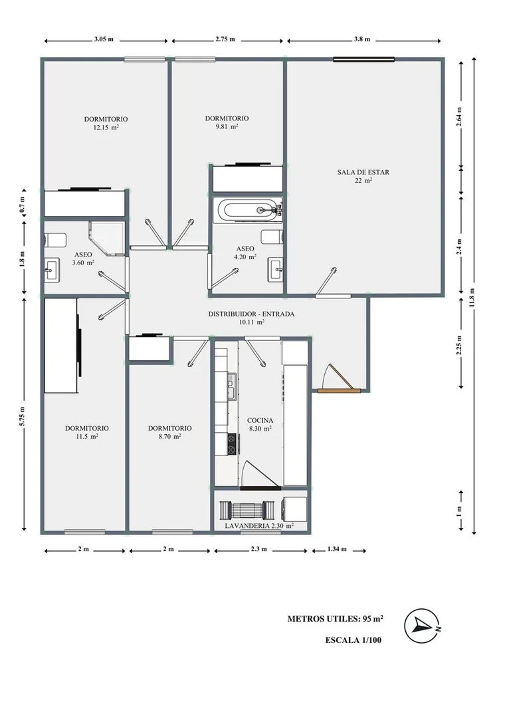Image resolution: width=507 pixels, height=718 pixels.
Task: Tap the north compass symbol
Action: (x=423, y=626)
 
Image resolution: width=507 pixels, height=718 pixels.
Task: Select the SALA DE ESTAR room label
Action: (x=363, y=172)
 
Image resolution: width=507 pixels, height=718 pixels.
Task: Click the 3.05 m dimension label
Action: (x=104, y=39)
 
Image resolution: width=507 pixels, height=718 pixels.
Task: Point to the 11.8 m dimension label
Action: (x=472, y=298)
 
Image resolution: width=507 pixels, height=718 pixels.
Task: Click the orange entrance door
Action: (x=340, y=390)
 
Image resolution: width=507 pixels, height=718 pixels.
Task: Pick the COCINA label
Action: (x=260, y=420)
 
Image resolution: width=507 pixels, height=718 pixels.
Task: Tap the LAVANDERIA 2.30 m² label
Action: (x=259, y=526)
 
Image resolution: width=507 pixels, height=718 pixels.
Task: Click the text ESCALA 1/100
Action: (x=354, y=640)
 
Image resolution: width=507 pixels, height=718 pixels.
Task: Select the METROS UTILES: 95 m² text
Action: (x=336, y=619)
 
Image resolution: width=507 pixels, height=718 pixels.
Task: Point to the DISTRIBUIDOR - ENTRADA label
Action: (x=251, y=314)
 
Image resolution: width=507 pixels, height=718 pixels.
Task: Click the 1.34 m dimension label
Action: (x=338, y=549)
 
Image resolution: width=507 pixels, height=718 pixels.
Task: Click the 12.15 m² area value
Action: (x=106, y=128)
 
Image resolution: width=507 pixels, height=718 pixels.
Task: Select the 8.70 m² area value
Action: (x=169, y=436)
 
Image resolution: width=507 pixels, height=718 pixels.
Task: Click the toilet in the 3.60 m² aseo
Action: (x=55, y=240)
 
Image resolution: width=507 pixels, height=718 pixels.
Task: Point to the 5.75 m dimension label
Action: (x=22, y=416)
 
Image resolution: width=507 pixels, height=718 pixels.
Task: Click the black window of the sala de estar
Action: (x=363, y=59)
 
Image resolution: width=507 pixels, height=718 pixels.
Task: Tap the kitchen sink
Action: (x=232, y=386)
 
